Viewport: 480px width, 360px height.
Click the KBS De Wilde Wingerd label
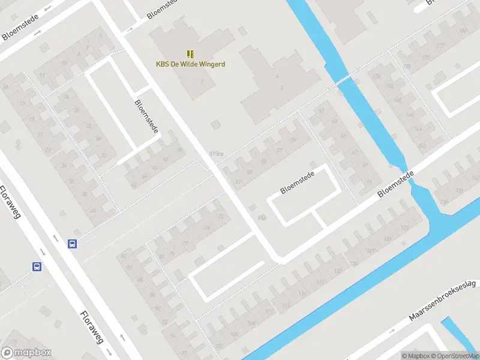tap(190, 64)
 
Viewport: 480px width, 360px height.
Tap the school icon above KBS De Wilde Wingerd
tap(190, 54)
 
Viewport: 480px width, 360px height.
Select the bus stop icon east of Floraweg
tap(73, 244)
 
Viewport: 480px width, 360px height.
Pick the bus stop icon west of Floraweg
tap(37, 266)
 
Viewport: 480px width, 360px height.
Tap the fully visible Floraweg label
tap(91, 327)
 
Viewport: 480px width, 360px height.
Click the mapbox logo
tap(26, 353)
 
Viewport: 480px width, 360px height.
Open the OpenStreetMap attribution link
tap(455, 356)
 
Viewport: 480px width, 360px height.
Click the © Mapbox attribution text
tap(416, 356)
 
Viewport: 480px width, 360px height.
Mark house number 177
tap(441, 46)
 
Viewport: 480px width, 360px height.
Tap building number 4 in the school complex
tap(277, 77)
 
